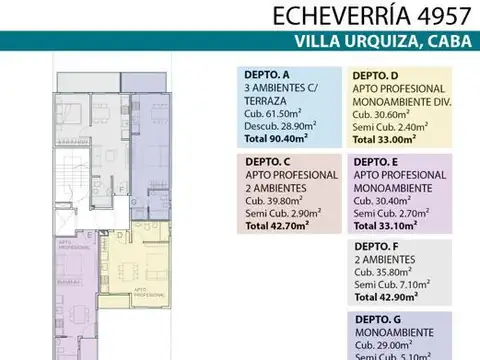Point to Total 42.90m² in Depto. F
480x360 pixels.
(x=386, y=297)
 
